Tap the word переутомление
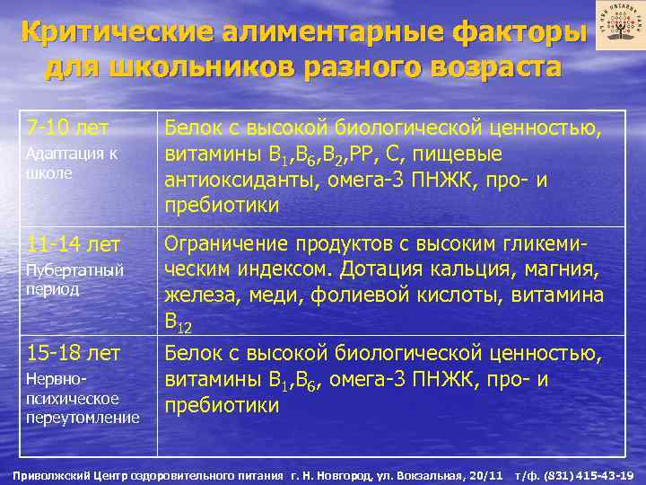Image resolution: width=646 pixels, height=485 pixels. coord(82,418)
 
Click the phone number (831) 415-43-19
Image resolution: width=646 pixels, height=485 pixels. coord(590,474)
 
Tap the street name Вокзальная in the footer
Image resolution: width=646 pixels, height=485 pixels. coord(431,474)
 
